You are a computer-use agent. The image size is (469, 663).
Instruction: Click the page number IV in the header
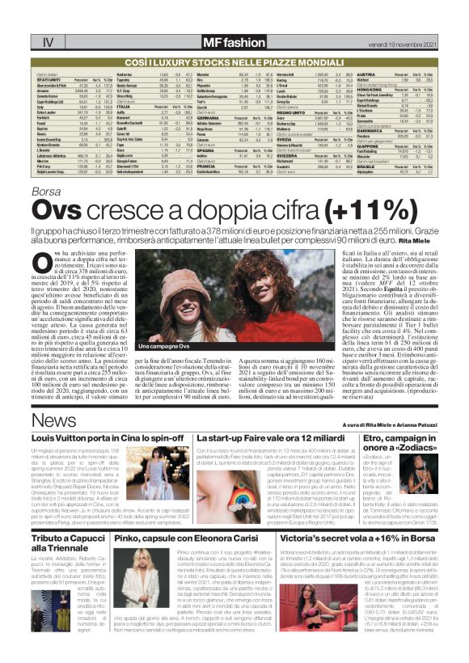tap(26, 41)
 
